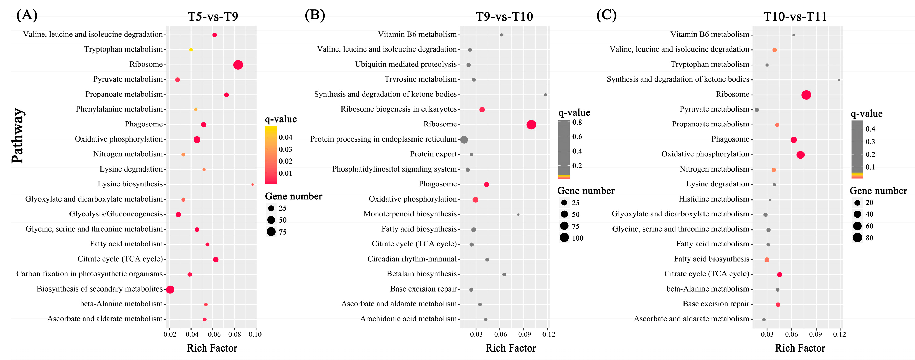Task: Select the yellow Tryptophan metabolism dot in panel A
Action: [191, 50]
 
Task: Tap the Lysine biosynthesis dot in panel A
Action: [253, 184]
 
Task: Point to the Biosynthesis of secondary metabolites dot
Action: [170, 289]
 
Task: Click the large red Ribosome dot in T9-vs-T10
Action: [531, 125]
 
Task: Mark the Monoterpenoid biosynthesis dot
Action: [518, 215]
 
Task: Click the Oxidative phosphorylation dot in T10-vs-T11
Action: [800, 155]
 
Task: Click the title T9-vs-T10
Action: [504, 17]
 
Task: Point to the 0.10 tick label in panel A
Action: [255, 334]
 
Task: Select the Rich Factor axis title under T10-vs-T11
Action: [800, 348]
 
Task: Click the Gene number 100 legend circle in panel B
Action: [564, 238]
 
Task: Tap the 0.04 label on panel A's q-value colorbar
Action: [286, 137]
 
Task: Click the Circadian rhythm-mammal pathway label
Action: [412, 259]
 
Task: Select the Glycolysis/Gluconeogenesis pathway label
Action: [116, 214]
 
